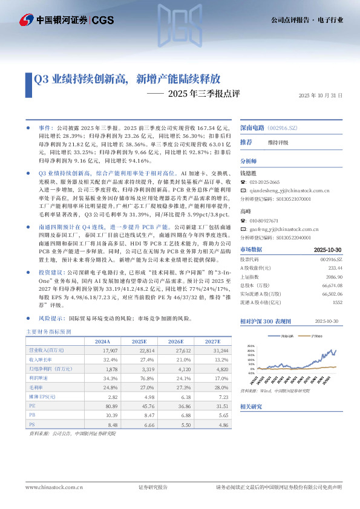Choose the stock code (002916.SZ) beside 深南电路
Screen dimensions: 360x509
pyautogui.click(x=283, y=129)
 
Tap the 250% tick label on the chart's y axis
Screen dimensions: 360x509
pyautogui.click(x=250, y=346)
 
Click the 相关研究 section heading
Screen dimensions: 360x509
pyautogui.click(x=252, y=407)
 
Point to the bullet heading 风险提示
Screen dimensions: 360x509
pyautogui.click(x=50, y=317)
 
